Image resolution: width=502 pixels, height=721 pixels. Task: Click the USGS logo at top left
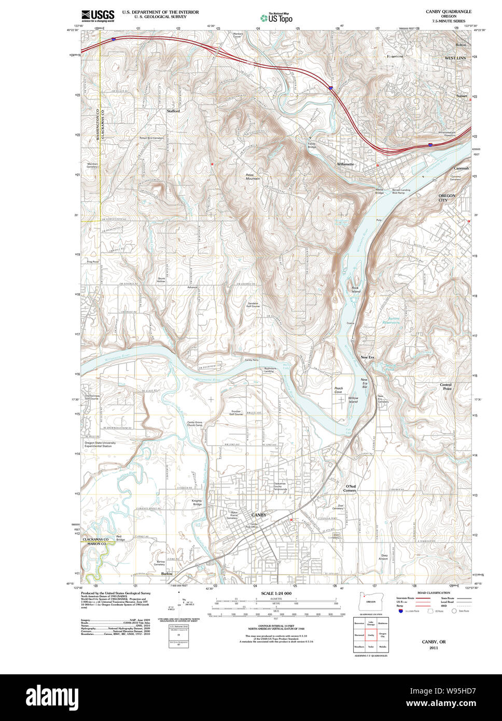point(98,16)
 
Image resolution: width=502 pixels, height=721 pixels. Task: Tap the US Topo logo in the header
point(276,18)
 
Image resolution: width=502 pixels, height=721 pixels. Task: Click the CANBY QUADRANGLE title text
point(449,11)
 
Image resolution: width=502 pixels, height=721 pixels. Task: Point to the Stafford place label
point(173,111)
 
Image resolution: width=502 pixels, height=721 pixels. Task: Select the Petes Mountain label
point(253,177)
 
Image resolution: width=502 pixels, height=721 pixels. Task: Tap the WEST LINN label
point(455,58)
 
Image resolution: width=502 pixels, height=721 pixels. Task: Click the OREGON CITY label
point(447,198)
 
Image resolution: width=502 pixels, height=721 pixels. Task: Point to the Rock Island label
point(355,289)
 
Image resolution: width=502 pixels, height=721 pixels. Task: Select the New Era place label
point(368,357)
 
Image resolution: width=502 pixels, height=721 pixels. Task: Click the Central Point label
point(445,386)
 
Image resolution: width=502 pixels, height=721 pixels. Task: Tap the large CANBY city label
point(259,515)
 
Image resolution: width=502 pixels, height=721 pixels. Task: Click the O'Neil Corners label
point(350,488)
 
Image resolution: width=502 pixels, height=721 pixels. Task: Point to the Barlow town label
point(166,574)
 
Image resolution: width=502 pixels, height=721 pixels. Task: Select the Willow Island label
point(353,400)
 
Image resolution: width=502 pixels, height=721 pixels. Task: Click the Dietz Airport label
point(383,557)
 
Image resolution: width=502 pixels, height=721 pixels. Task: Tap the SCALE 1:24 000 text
point(276,593)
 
